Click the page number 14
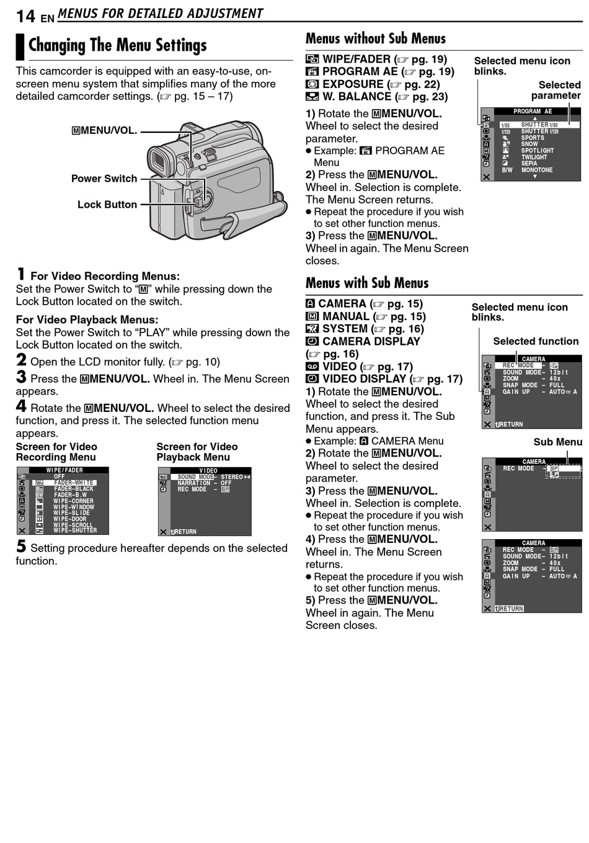coord(25,16)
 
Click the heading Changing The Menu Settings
coord(117,45)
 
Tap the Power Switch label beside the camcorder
coord(104,179)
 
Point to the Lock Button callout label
coord(107,205)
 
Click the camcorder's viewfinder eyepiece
coord(159,162)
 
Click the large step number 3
coord(21,377)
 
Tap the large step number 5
coord(21,546)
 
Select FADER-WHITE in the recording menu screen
coord(74,483)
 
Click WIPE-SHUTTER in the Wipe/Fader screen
coord(75,530)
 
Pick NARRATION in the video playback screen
coord(194,483)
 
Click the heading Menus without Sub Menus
coord(375,39)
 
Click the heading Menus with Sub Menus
coord(367,283)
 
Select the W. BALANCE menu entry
coord(356,97)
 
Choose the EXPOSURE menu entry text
coord(353,84)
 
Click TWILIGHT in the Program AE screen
coord(534,157)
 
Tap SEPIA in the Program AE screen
coord(529,164)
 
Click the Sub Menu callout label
coord(557,442)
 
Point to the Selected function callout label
coord(536,341)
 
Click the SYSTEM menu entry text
coord(345,329)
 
